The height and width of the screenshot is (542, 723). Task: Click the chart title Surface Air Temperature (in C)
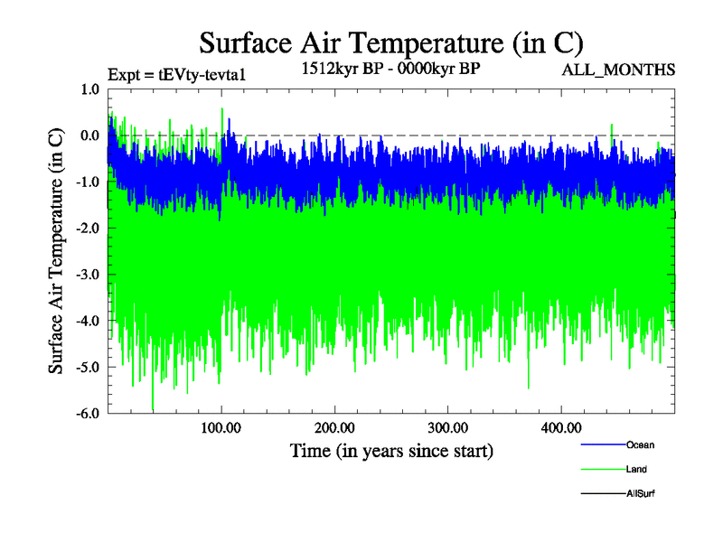390,42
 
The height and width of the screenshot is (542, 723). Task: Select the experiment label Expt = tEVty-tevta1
175,74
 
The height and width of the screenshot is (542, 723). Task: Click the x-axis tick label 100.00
221,427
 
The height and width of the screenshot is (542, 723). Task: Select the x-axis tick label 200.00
334,427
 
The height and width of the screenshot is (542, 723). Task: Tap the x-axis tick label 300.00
447,427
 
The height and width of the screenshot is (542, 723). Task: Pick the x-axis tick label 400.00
560,427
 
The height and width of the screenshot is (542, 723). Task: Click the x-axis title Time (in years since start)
391,450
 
